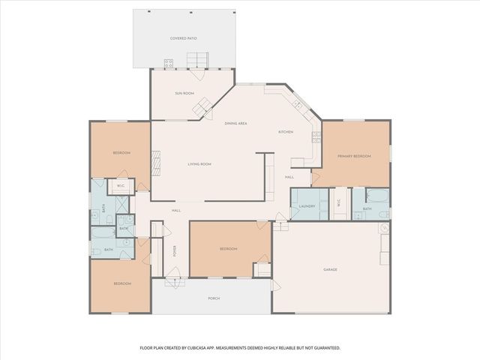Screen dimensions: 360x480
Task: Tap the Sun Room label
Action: pos(185,93)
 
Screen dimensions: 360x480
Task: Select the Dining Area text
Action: pos(236,123)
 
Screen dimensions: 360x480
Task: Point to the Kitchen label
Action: pos(286,132)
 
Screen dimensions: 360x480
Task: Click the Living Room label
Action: pos(199,163)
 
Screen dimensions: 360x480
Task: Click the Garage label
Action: pos(330,269)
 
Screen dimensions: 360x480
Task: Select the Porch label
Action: pos(214,298)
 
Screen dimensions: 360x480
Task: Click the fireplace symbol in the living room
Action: pos(157,160)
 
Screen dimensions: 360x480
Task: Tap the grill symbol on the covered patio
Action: pos(169,63)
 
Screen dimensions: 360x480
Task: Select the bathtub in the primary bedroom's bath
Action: pos(373,197)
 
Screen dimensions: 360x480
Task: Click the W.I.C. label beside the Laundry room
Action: pos(339,202)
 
